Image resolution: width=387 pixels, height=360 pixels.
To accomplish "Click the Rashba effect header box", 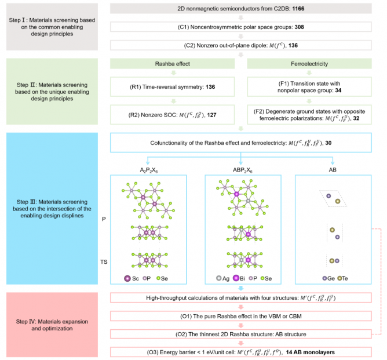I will (x=153, y=64).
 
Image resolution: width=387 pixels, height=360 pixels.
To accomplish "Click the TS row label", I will (x=104, y=262).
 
